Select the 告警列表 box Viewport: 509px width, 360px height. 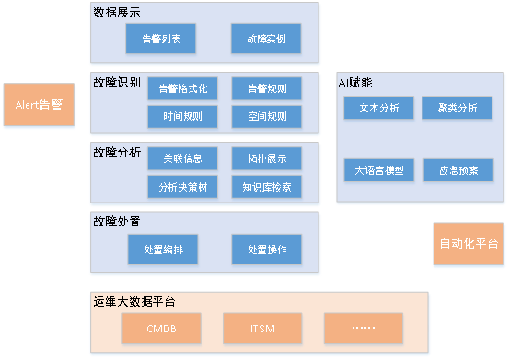pos(161,40)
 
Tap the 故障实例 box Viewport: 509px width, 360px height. pos(266,40)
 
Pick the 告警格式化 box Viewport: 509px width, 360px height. pos(182,88)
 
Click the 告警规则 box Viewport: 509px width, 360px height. pos(266,88)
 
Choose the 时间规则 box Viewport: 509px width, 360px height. pos(182,116)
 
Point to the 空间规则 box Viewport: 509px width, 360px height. pos(266,116)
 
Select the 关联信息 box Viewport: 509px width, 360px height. pos(182,158)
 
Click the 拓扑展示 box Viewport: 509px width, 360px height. pos(266,158)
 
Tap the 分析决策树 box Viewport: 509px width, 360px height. pos(182,186)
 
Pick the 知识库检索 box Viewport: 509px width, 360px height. pos(266,186)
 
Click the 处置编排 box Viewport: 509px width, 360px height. pos(163,249)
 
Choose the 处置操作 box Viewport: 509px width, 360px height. pos(266,249)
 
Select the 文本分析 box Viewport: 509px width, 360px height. pos(379,109)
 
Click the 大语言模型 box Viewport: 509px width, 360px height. pos(379,170)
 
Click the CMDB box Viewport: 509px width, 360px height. pos(161,327)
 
